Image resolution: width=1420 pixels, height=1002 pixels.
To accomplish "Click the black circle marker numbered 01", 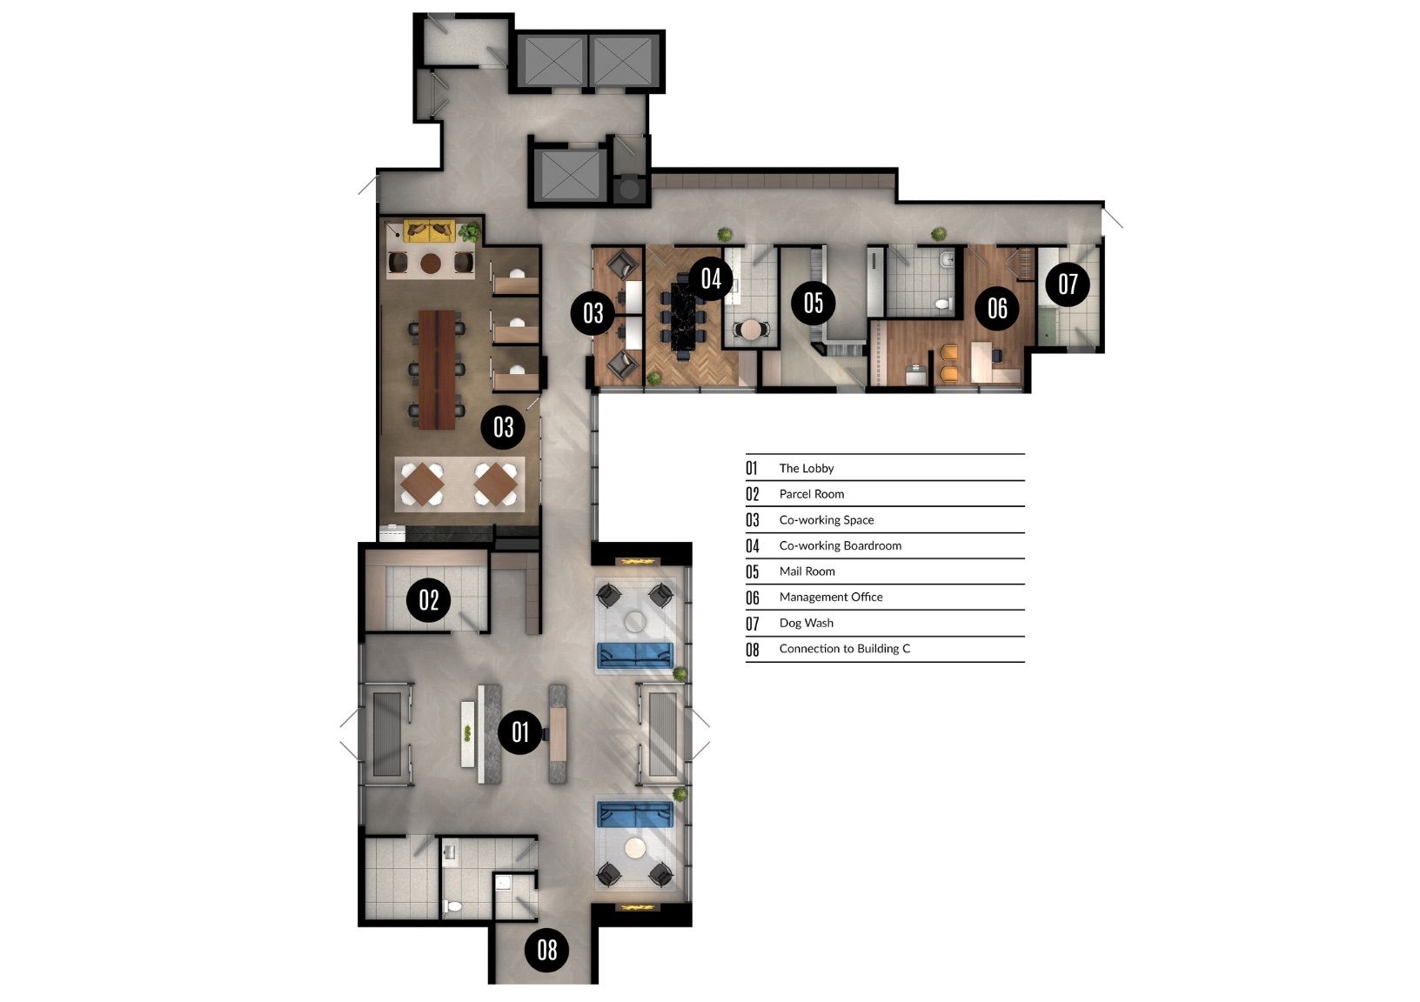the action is click(x=519, y=732).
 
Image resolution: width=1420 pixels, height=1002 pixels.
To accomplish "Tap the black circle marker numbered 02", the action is click(x=429, y=599).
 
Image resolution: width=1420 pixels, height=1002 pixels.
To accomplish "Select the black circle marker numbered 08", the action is click(x=547, y=950).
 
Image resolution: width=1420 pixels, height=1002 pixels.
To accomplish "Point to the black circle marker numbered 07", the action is click(x=1068, y=284).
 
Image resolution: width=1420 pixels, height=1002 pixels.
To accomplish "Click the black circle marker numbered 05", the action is click(x=814, y=303).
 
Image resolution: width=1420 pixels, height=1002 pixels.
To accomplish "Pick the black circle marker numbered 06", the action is click(x=997, y=308).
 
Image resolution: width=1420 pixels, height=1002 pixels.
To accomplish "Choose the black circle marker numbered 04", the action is click(x=711, y=278).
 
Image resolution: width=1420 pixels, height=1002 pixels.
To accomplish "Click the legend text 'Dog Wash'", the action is click(x=806, y=623).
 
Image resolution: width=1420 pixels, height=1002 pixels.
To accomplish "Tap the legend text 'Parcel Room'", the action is click(x=812, y=494).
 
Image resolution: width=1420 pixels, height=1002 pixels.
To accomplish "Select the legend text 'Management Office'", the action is click(x=830, y=597).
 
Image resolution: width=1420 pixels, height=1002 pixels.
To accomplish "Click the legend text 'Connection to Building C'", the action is click(x=844, y=648).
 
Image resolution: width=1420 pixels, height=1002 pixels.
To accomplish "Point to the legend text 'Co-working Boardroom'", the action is click(x=840, y=545).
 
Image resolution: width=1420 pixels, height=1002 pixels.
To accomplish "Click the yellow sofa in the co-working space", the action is click(x=429, y=230).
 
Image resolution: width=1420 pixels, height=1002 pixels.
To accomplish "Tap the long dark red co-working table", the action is click(x=437, y=370).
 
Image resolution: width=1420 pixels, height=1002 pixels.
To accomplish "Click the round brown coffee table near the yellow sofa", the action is click(x=431, y=263).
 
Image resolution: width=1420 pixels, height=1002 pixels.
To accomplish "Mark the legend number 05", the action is click(x=753, y=571).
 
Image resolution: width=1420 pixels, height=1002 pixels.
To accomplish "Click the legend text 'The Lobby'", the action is click(x=807, y=468).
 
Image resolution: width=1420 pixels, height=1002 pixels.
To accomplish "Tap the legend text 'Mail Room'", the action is click(x=807, y=571).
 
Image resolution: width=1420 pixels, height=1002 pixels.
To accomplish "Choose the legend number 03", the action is click(x=753, y=520).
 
